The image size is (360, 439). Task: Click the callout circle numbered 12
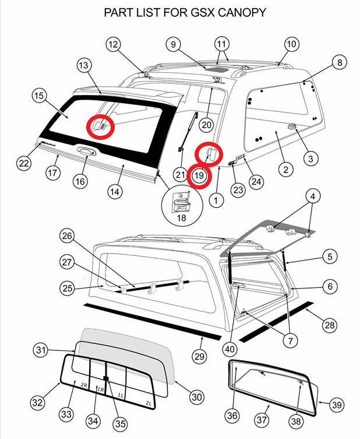[113, 45]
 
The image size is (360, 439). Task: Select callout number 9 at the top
[173, 44]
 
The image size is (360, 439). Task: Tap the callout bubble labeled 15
[39, 96]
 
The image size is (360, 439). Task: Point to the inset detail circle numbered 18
[182, 205]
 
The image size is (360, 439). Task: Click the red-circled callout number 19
[199, 175]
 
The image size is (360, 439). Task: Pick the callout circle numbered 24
[256, 182]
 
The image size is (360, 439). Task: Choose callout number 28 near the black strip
[330, 325]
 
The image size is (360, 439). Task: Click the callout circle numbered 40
[230, 349]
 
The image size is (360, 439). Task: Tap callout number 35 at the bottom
[120, 424]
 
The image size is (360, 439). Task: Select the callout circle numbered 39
[337, 405]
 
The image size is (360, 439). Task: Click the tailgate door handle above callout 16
[86, 151]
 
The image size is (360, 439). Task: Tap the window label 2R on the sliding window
[84, 385]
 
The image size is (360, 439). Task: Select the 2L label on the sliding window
[149, 403]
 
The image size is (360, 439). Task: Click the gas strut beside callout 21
[188, 131]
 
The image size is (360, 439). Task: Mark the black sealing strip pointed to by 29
[153, 321]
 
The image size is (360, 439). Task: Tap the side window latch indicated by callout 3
[292, 127]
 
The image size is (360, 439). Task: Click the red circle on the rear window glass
[100, 127]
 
